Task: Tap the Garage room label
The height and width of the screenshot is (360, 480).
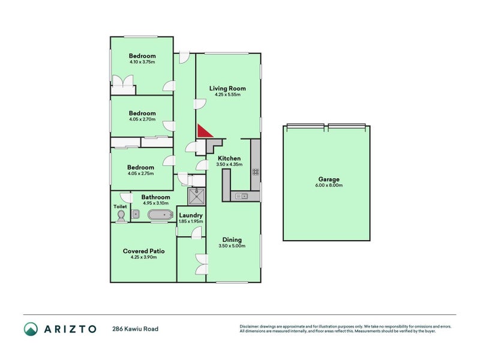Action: point(329,179)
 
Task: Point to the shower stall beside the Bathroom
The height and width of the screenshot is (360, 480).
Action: point(196,196)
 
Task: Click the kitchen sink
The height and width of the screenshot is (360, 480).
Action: point(242,196)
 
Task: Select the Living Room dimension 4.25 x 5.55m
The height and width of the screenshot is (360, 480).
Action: point(227,95)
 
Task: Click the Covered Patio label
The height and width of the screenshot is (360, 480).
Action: point(143,251)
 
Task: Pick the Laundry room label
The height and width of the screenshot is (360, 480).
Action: point(190,215)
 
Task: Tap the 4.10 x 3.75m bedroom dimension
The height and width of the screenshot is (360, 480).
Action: point(142,62)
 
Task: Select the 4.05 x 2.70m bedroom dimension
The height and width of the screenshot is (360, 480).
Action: point(142,119)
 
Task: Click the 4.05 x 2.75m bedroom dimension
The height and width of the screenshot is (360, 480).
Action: point(141,173)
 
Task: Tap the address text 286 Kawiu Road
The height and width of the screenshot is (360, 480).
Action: point(136,329)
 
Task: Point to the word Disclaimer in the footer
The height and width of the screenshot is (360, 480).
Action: point(252,326)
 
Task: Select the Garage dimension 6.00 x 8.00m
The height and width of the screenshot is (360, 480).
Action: point(329,185)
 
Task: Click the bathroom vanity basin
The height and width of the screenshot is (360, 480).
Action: point(136,214)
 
